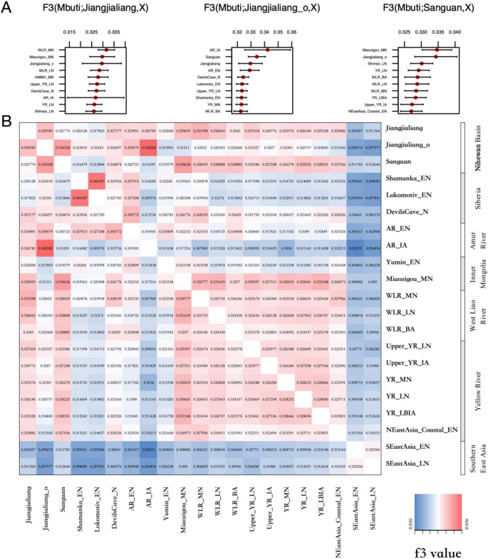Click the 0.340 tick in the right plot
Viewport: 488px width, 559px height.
tap(457, 33)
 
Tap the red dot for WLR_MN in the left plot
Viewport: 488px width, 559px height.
tap(105, 49)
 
